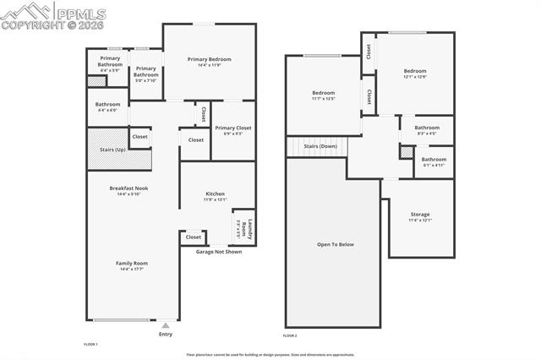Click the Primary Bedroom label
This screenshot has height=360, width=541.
(x=209, y=59)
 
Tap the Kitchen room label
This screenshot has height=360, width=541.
(x=216, y=194)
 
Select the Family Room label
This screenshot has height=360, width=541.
(x=132, y=264)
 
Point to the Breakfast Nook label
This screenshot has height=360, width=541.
(x=128, y=188)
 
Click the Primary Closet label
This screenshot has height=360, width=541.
(x=232, y=128)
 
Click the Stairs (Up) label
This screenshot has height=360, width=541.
(x=112, y=149)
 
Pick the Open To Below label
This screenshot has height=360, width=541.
(x=335, y=244)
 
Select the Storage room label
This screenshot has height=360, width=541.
(x=420, y=215)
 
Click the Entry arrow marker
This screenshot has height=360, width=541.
(x=166, y=325)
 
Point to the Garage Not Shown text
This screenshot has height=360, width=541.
(x=219, y=252)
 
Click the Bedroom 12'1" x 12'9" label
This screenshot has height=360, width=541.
(x=414, y=71)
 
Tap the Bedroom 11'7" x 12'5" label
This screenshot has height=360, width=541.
(x=324, y=92)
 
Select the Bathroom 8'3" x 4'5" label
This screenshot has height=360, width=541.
(x=426, y=128)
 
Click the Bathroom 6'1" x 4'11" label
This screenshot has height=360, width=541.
(x=434, y=159)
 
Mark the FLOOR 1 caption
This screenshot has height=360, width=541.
(x=90, y=344)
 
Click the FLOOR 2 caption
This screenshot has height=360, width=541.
(x=290, y=335)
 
